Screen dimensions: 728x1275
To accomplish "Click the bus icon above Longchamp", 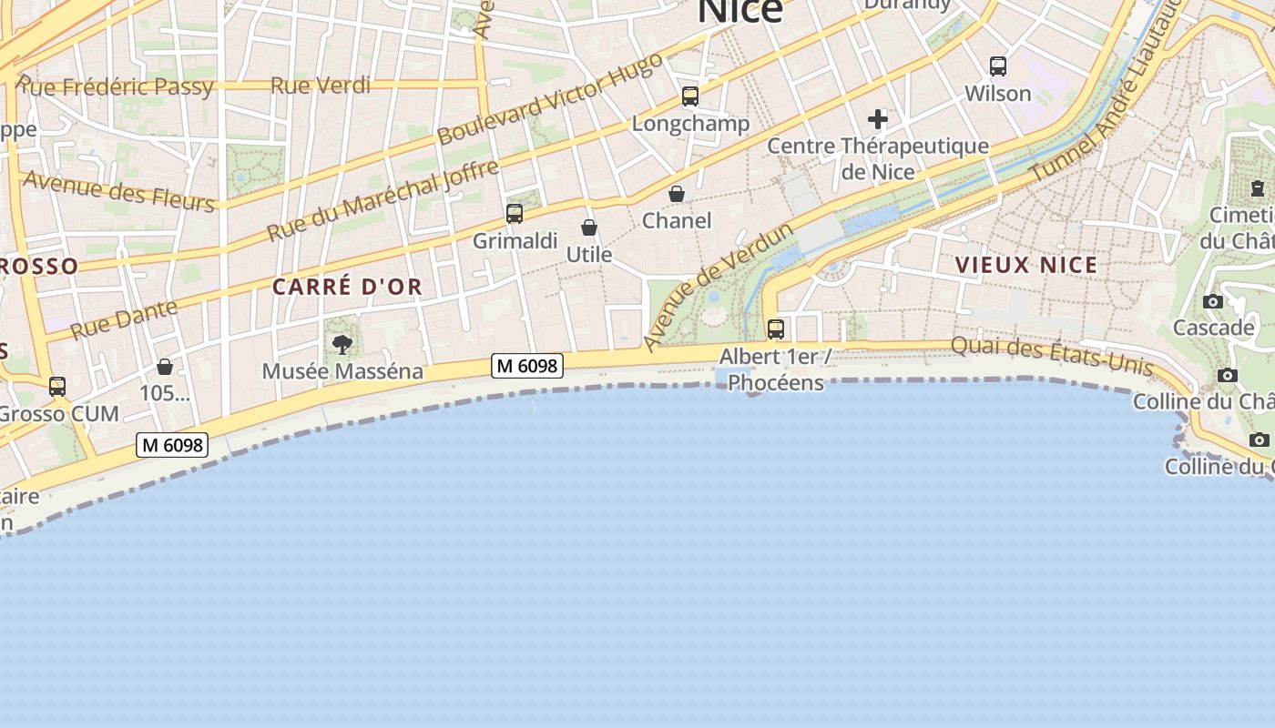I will (x=690, y=96).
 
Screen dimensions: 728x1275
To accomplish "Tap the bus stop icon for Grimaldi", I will (x=515, y=214).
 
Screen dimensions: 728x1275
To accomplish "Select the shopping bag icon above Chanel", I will (x=677, y=194).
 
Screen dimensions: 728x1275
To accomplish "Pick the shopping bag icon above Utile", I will (x=589, y=227).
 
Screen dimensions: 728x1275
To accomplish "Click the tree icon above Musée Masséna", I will (x=342, y=345).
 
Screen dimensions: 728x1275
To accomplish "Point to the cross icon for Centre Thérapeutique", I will (x=878, y=119).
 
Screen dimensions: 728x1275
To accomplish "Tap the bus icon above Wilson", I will (x=998, y=66).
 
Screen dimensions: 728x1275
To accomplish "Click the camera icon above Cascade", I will (x=1213, y=302).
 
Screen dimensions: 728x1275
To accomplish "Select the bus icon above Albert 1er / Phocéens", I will (x=776, y=329).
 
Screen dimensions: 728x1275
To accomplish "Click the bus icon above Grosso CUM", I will (x=57, y=387).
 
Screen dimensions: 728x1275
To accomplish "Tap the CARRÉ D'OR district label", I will (x=347, y=287).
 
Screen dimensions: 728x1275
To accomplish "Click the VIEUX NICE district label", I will (x=1026, y=265).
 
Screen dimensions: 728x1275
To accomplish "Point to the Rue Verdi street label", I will (x=321, y=86).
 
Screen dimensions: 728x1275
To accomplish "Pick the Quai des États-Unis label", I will (x=1052, y=357).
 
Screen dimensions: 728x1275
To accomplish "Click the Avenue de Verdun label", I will (x=717, y=286).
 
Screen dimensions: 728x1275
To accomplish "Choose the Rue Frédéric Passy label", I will (x=116, y=87).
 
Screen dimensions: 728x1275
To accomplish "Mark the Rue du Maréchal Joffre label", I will (x=382, y=200).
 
